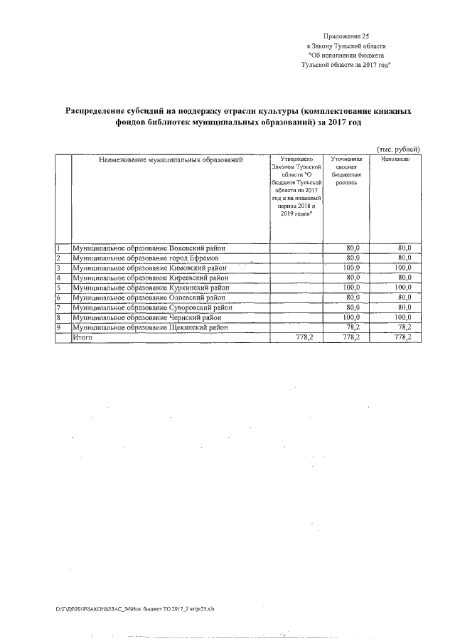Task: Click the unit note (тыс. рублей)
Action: point(398,147)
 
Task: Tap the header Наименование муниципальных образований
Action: point(171,160)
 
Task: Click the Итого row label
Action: point(82,337)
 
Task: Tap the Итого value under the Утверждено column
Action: point(305,337)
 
